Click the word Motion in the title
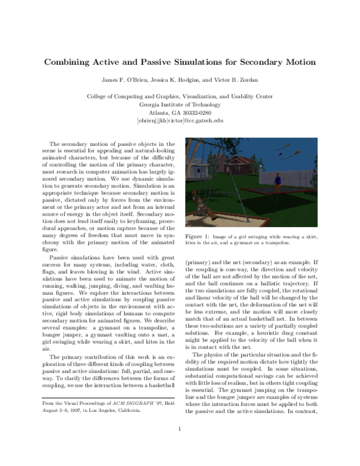pos(298,62)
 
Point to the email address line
pos(180,120)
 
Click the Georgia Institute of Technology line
pos(180,104)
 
